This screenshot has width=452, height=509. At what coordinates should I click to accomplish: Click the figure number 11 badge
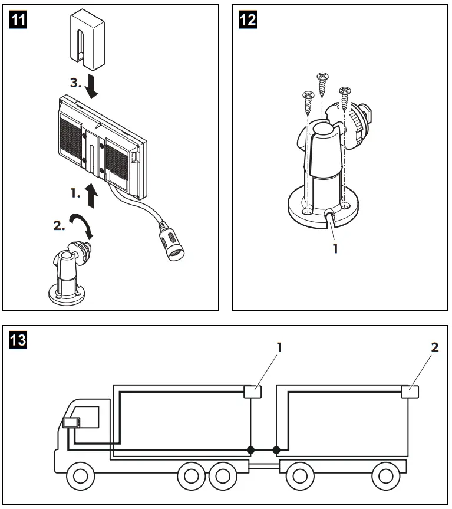pyautogui.click(x=19, y=19)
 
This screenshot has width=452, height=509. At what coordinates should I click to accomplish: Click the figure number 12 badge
pyautogui.click(x=248, y=19)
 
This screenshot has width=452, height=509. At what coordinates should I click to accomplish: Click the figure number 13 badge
pyautogui.click(x=19, y=340)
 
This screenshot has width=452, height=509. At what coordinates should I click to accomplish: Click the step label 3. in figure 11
pyautogui.click(x=75, y=83)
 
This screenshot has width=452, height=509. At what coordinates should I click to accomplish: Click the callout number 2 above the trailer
pyautogui.click(x=435, y=347)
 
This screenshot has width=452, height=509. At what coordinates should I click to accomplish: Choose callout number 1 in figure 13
pyautogui.click(x=279, y=347)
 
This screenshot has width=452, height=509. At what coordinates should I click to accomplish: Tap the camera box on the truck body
pyautogui.click(x=253, y=391)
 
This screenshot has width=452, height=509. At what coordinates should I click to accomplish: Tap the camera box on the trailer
pyautogui.click(x=410, y=390)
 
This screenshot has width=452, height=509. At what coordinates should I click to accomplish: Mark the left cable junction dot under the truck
pyautogui.click(x=251, y=451)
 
